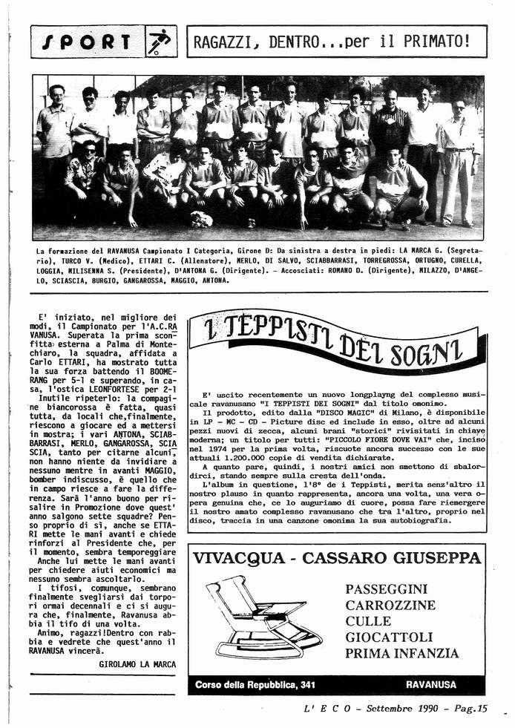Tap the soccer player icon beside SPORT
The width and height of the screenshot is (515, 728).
tap(158, 42)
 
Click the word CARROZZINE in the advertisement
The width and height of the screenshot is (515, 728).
tap(390, 605)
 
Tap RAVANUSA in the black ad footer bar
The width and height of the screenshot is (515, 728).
tap(431, 684)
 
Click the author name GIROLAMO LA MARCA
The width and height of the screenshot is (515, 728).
tap(137, 664)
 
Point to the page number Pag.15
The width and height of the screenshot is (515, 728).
tap(470, 709)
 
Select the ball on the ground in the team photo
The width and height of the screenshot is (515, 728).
tap(201, 219)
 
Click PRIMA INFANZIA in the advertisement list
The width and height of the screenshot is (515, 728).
tap(401, 653)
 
